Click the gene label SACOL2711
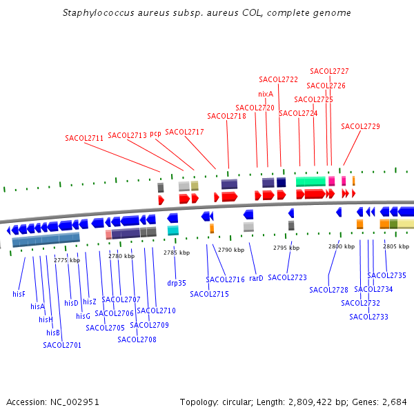(x=84, y=138)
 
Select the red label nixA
(x=266, y=94)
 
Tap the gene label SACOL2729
(x=360, y=126)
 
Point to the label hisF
(x=19, y=294)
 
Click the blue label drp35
(x=177, y=283)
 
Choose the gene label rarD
(x=256, y=278)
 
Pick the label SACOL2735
(x=386, y=275)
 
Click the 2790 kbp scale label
(x=231, y=250)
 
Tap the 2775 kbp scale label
(x=67, y=260)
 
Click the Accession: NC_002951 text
(x=53, y=402)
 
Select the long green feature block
(x=310, y=181)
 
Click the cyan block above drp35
(x=173, y=230)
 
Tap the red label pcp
(x=155, y=133)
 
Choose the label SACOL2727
(x=329, y=71)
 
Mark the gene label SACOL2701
(x=62, y=345)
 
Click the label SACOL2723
(x=287, y=277)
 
